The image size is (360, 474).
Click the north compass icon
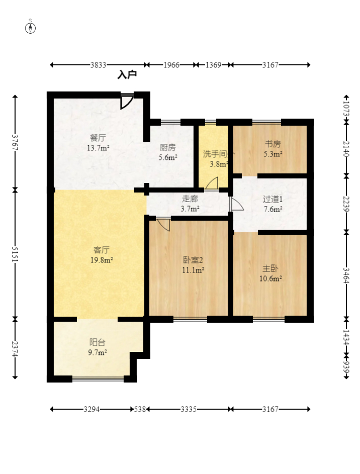tap(30, 27)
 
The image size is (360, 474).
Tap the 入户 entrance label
tap(127, 74)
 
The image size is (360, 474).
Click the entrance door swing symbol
tap(127, 102)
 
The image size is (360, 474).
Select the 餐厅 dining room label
tap(98, 138)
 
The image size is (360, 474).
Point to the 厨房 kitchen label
tap(167, 147)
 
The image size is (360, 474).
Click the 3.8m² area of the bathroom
tap(219, 164)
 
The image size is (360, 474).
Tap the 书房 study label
tap(273, 144)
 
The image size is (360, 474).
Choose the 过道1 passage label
tap(273, 199)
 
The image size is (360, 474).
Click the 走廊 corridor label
tap(190, 199)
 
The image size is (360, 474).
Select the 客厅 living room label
tap(102, 250)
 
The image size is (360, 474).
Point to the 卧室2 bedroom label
tap(193, 260)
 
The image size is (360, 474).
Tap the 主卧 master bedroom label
tap(270, 268)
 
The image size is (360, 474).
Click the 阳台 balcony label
tap(98, 342)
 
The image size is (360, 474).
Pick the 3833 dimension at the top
tap(98, 65)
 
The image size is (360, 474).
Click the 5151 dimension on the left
tap(15, 254)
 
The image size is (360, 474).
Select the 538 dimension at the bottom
tap(140, 409)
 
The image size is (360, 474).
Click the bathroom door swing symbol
tap(212, 183)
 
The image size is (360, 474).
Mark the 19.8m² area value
tap(102, 260)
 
